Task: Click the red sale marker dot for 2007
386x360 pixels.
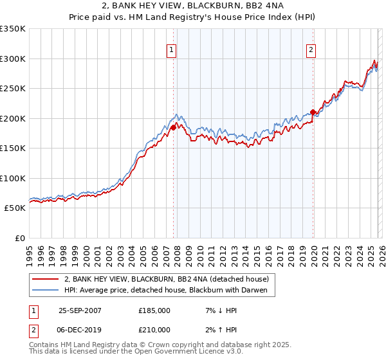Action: coord(173,127)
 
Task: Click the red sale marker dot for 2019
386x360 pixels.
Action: coord(313,112)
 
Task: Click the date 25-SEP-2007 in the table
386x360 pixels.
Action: coord(80,310)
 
